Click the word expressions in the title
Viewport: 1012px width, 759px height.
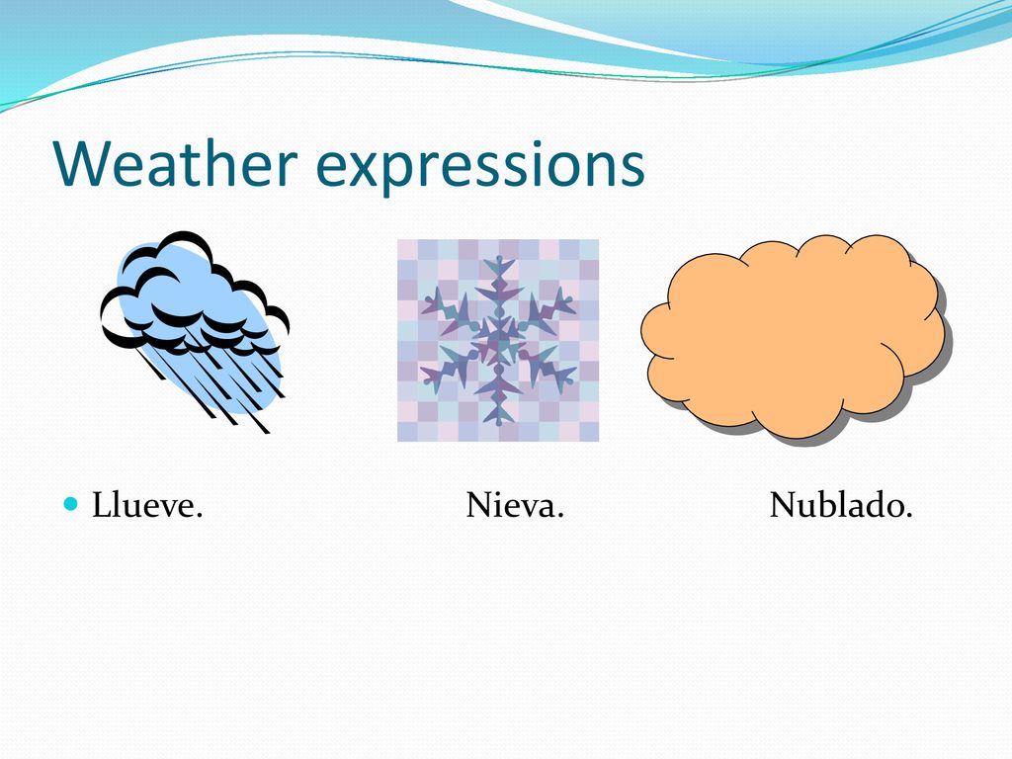point(480,169)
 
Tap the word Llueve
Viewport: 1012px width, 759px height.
point(147,505)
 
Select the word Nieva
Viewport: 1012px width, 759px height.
point(515,505)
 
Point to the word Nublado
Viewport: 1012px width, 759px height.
point(841,505)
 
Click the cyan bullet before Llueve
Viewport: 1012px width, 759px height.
point(71,503)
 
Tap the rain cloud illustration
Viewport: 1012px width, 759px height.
point(195,330)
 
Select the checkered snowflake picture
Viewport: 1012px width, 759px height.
point(498,341)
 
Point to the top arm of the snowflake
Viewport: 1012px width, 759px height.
point(498,284)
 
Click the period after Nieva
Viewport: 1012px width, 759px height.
point(560,515)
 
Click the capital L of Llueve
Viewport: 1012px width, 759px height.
point(102,505)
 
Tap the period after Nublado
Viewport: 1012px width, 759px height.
point(909,515)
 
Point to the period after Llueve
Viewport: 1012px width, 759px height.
point(199,515)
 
